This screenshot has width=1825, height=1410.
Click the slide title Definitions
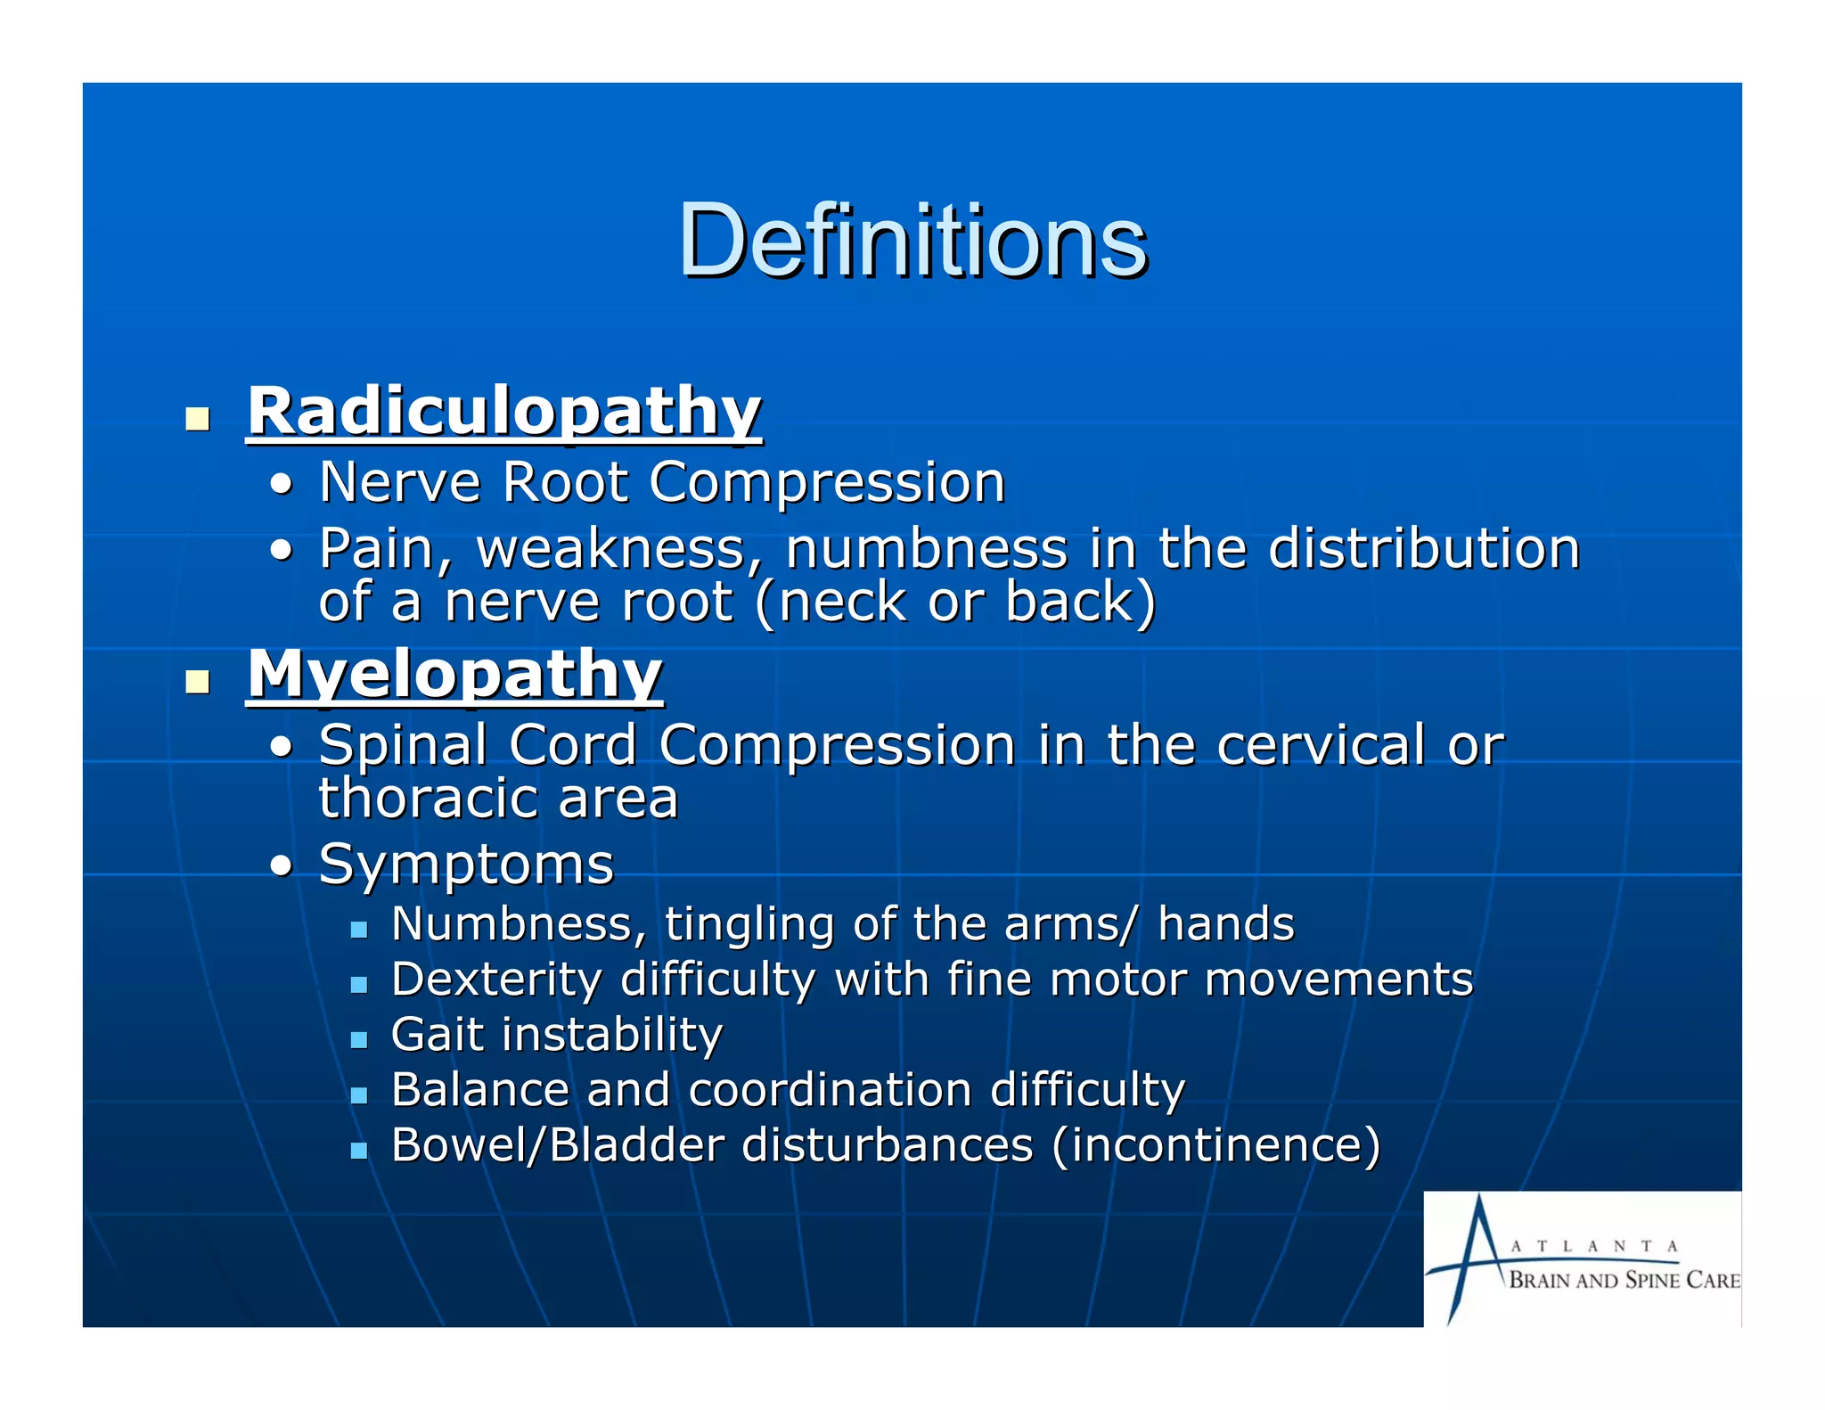(912, 241)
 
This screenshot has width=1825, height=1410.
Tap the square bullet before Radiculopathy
(197, 418)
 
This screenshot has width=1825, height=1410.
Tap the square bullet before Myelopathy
(197, 682)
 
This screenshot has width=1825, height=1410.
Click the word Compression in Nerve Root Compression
(827, 482)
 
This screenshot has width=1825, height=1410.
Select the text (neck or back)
(955, 601)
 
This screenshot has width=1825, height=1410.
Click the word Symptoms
(466, 864)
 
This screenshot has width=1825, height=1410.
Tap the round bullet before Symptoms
(282, 865)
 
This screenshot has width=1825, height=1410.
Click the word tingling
(749, 923)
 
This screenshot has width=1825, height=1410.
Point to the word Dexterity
(496, 979)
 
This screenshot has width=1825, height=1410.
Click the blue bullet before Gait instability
(358, 1040)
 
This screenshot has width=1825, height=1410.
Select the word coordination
(830, 1089)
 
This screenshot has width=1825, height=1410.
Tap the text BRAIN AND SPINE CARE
(1624, 1281)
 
